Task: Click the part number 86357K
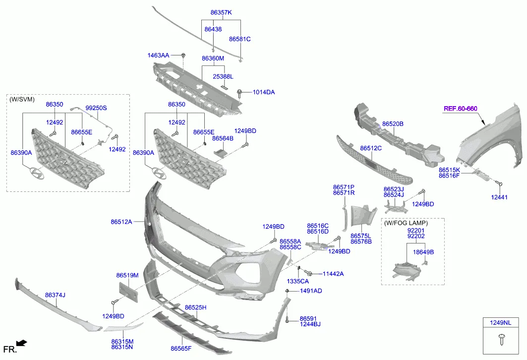221,12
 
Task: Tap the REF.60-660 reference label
460,109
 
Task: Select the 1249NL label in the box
502,323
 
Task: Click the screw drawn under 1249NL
501,340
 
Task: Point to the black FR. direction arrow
21,342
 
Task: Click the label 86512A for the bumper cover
121,222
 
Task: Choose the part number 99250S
96,108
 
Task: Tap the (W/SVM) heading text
22,99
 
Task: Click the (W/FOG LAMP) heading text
406,223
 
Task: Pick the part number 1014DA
263,92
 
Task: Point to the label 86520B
393,123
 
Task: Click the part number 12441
499,197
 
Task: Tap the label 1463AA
158,55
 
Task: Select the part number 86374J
55,295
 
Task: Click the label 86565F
181,349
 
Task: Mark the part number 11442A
333,273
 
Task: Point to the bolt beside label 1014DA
241,92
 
